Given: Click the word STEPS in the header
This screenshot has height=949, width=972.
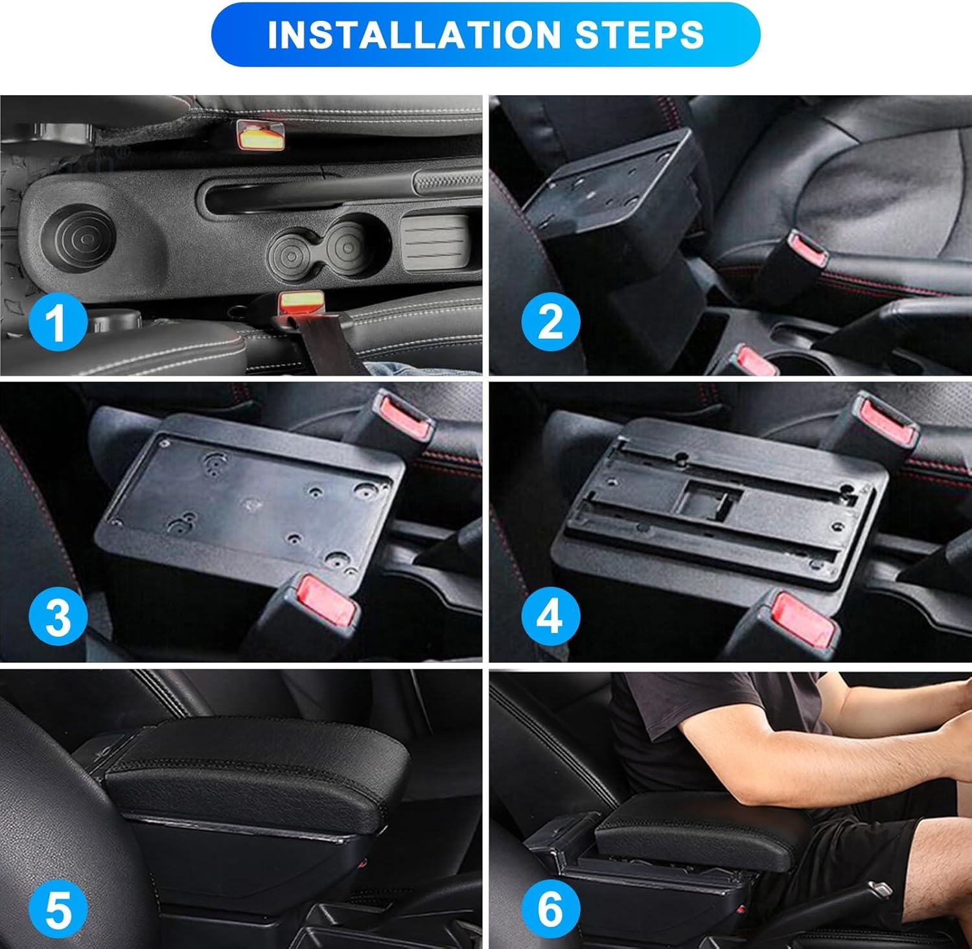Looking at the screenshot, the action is (x=640, y=34).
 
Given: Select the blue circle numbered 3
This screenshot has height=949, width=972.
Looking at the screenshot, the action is (x=58, y=616).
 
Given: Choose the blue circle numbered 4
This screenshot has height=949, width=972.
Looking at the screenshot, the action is (x=550, y=615).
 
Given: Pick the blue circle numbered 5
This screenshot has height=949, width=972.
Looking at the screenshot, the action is (x=58, y=909).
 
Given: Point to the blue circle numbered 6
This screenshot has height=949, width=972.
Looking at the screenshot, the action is (x=550, y=908).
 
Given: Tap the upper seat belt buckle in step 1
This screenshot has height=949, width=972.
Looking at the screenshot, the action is (x=260, y=135).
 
